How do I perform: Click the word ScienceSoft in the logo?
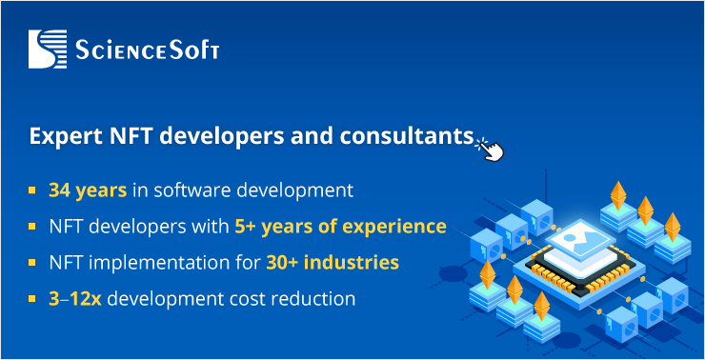pyautogui.click(x=147, y=50)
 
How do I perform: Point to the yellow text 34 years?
pyautogui.click(x=88, y=190)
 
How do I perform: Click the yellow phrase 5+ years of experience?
pyautogui.click(x=340, y=227)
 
